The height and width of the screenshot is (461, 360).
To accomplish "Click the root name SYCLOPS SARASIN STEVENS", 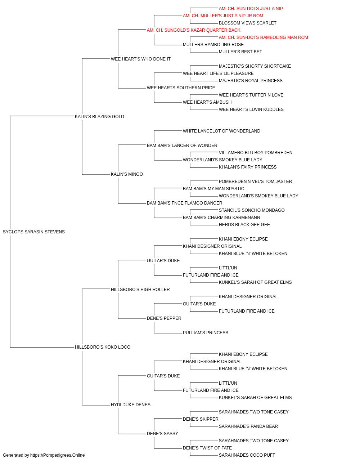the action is (34, 232).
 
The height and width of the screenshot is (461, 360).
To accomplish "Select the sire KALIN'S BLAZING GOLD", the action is (99, 117).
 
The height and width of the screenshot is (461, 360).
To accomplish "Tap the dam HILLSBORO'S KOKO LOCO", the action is (103, 347).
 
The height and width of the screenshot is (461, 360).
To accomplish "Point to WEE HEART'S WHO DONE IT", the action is (140, 59).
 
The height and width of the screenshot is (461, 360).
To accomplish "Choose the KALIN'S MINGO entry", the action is (127, 174).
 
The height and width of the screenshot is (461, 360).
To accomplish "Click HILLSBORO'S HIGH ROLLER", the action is (140, 290).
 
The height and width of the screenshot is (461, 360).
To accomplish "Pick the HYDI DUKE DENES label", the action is (131, 405).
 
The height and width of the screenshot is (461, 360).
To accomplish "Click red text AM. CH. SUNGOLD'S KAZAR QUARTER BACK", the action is (194, 30).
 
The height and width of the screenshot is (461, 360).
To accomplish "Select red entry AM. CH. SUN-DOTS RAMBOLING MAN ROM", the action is (263, 37).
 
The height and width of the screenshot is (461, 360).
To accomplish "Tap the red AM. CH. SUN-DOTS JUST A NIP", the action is (251, 9).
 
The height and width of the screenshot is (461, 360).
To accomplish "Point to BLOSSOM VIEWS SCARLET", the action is (248, 23).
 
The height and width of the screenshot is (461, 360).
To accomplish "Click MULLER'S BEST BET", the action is (240, 52).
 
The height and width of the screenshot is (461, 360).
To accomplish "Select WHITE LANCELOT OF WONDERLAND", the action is (221, 131).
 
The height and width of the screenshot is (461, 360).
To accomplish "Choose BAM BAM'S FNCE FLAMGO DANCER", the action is (184, 203).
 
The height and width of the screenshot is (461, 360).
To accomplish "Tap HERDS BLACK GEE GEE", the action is (244, 225).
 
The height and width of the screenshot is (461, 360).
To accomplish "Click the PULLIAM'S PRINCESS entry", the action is (206, 333).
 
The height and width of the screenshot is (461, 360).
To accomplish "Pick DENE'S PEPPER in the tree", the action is (164, 318).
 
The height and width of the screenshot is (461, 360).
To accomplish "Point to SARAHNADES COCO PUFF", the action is (247, 455).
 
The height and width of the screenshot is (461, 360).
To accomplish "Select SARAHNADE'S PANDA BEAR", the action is (248, 426).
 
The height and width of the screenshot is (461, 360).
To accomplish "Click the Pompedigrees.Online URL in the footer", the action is (57, 455).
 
